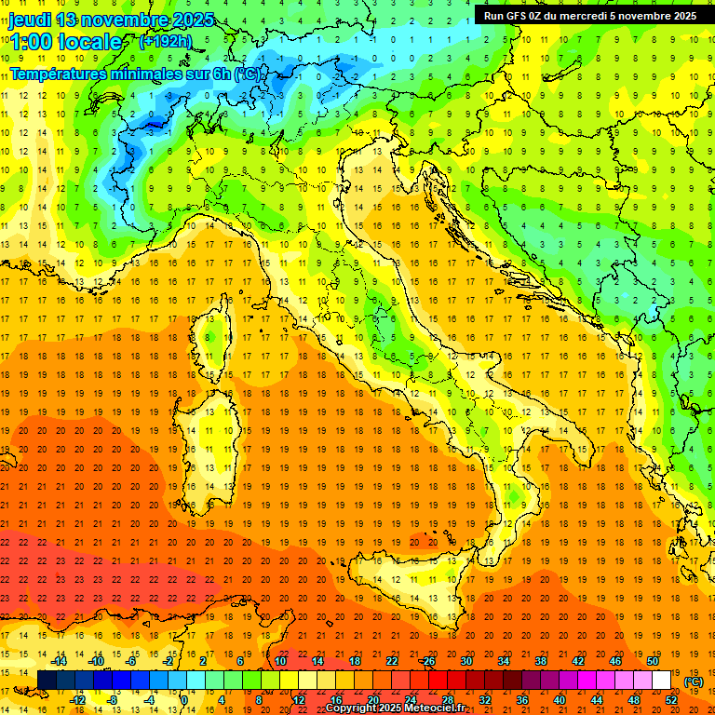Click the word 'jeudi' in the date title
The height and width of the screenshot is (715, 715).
[x=30, y=20]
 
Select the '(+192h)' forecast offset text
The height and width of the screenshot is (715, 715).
[x=166, y=42]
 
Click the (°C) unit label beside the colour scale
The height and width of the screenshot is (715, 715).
[x=694, y=681]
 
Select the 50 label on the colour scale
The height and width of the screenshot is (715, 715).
[x=652, y=661]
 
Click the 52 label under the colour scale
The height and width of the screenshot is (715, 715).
[x=670, y=700]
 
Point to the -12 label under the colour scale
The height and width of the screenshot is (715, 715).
[x=78, y=700]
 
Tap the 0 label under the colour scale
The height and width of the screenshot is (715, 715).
[x=184, y=700]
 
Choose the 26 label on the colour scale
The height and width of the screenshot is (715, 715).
[x=428, y=661]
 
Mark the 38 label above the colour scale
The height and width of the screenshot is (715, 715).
[x=540, y=661]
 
